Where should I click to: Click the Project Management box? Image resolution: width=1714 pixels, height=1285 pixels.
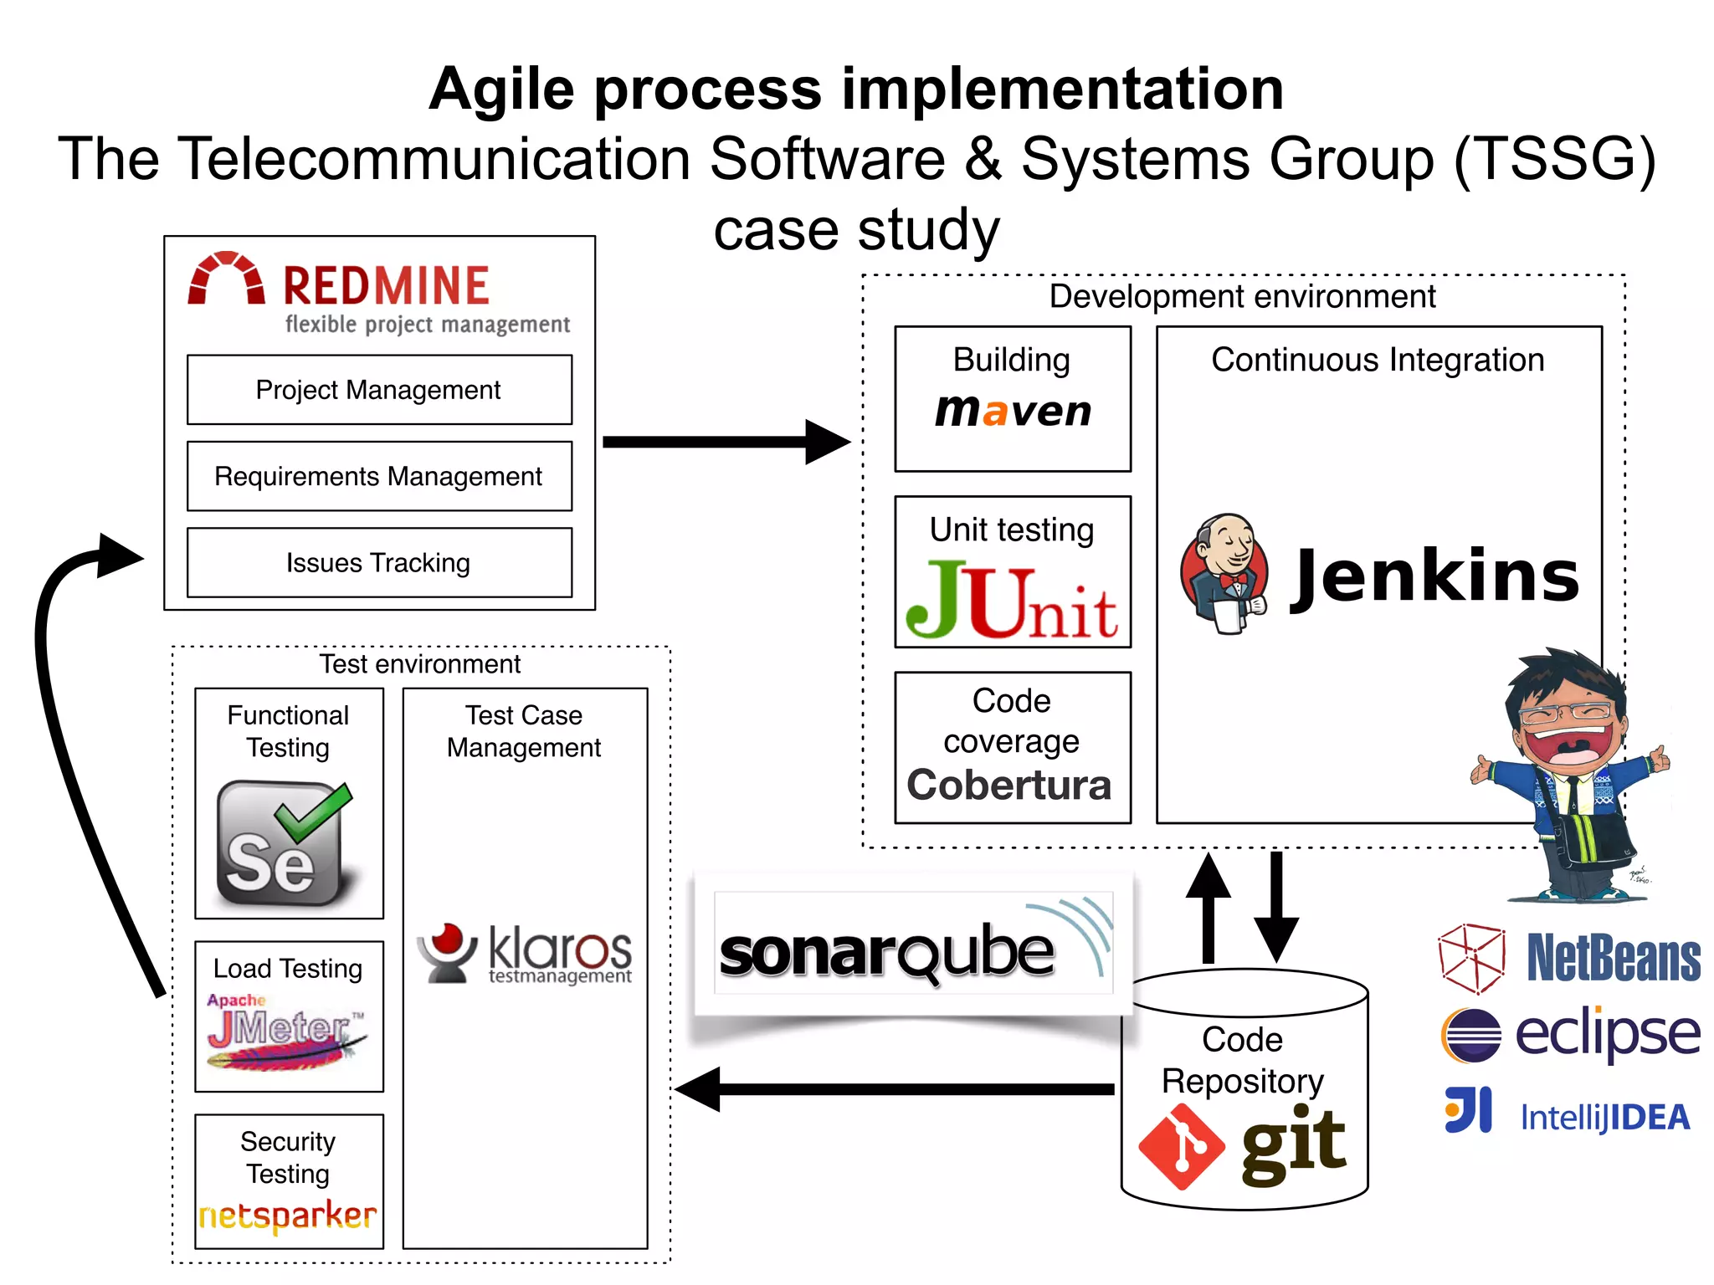point(379,390)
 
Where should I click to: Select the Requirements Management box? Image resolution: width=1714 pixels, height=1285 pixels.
point(379,476)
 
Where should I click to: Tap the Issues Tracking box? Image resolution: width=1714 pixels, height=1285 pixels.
point(379,562)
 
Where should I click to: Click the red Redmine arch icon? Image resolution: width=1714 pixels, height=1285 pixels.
point(226,279)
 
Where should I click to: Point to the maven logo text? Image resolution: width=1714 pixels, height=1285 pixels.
point(1013,411)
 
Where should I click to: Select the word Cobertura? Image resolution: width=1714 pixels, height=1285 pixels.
point(1009,785)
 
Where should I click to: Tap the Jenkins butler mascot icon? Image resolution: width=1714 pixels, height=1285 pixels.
point(1224,574)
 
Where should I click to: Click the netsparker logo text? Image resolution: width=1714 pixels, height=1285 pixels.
point(288,1216)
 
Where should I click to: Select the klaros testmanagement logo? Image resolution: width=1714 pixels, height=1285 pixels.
point(526,954)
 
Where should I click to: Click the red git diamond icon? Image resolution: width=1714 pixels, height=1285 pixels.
point(1181,1146)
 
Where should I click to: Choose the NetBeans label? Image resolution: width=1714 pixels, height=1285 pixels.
point(1613,959)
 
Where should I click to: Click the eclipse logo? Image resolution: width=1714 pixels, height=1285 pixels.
point(1570,1034)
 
